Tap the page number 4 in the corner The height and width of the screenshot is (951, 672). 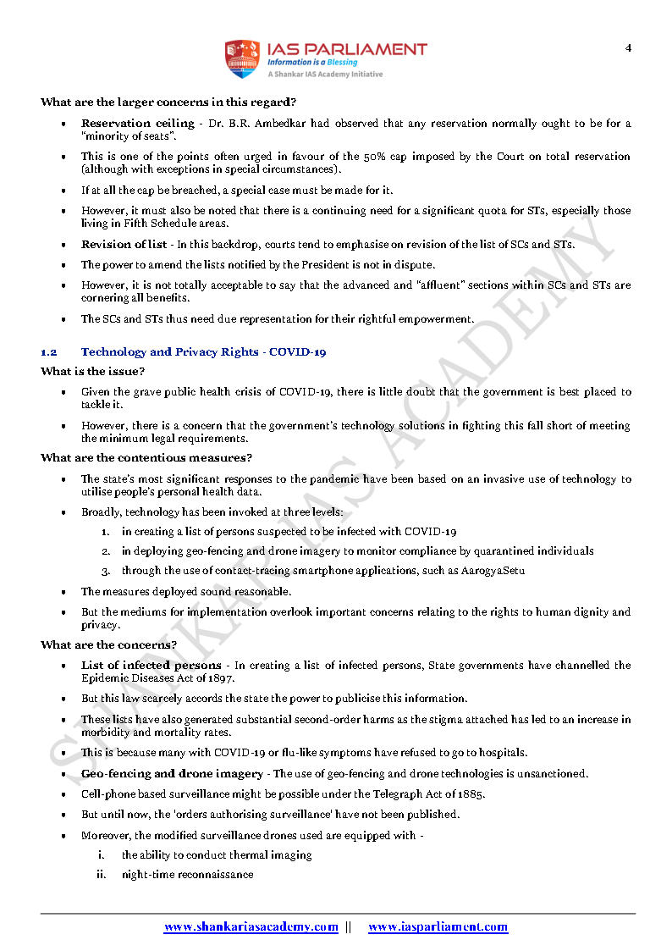pyautogui.click(x=628, y=47)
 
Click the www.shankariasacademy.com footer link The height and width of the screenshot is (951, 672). pyautogui.click(x=251, y=926)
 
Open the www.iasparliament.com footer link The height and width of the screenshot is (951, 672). pyautogui.click(x=438, y=926)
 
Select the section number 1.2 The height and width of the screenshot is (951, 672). pyautogui.click(x=48, y=351)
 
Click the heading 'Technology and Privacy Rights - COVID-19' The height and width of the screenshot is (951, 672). pyautogui.click(x=203, y=351)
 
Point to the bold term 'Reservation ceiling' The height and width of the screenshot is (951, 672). pyautogui.click(x=138, y=124)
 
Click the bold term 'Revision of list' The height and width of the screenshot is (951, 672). pyautogui.click(x=124, y=245)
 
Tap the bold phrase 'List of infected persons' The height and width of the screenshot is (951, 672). pyautogui.click(x=151, y=665)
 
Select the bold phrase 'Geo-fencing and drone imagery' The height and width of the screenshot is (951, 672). pyautogui.click(x=172, y=773)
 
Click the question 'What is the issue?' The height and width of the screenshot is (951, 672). pyautogui.click(x=92, y=372)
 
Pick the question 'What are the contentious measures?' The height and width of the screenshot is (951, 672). pyautogui.click(x=146, y=458)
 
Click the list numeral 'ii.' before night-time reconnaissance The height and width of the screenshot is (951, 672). pyautogui.click(x=101, y=875)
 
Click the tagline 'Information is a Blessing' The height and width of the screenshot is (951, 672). pyautogui.click(x=312, y=62)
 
